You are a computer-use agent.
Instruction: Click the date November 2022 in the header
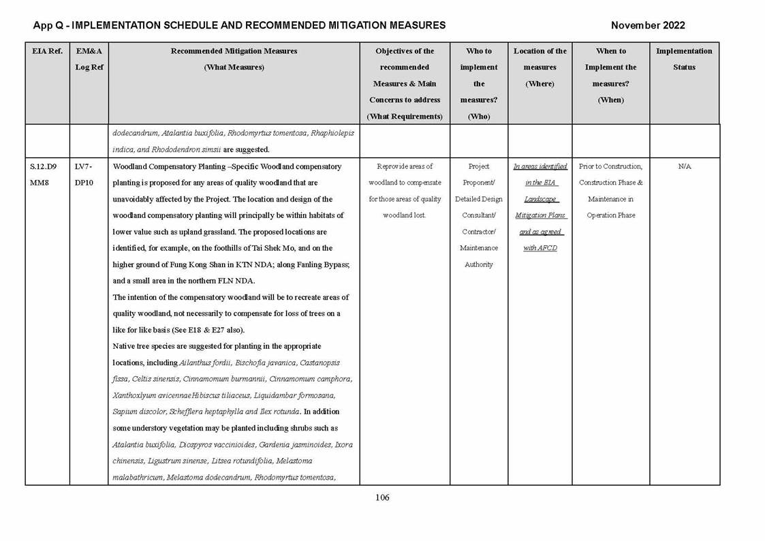point(647,25)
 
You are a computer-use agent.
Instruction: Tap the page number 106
point(382,497)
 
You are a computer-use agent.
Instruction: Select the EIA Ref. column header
point(46,51)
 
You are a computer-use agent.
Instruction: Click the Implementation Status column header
point(684,59)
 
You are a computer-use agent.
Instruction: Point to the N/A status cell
point(684,166)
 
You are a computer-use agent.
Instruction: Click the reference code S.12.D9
point(44,166)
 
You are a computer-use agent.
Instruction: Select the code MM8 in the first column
point(39,183)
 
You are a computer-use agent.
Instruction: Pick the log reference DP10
point(84,183)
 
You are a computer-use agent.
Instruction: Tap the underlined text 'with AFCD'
point(540,248)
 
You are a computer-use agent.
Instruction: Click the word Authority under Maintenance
point(478,264)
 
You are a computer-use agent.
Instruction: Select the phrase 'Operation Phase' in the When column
point(610,215)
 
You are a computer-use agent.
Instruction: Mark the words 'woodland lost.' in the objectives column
point(405,215)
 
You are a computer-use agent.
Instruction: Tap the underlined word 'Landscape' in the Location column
point(540,199)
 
